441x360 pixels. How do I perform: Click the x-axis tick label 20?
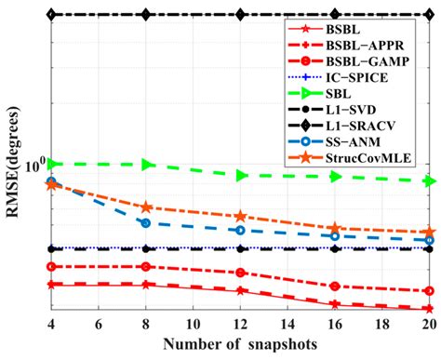pyautogui.click(x=428, y=324)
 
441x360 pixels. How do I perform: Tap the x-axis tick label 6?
pyautogui.click(x=98, y=324)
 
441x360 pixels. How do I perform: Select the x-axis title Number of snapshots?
pyautogui.click(x=240, y=344)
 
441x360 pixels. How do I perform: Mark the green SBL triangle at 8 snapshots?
pyautogui.click(x=146, y=165)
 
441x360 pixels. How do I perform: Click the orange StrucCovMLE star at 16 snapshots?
pyautogui.click(x=334, y=228)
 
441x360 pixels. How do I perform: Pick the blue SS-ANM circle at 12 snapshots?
pyautogui.click(x=240, y=230)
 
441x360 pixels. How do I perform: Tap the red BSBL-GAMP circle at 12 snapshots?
pyautogui.click(x=240, y=273)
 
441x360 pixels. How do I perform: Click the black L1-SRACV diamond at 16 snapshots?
pyautogui.click(x=334, y=15)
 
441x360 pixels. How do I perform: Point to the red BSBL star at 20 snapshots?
pyautogui.click(x=428, y=309)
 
